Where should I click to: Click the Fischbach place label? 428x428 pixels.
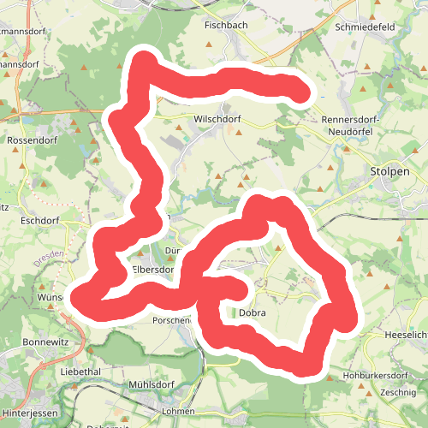[225, 26]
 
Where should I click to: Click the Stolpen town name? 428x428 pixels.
[389, 171]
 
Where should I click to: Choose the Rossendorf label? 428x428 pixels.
[31, 140]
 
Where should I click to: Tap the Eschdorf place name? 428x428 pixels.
[37, 220]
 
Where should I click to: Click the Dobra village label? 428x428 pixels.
[253, 313]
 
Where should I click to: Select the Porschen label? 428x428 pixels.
[172, 321]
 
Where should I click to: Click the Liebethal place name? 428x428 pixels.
[82, 373]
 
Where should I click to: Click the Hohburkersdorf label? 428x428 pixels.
[374, 375]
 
